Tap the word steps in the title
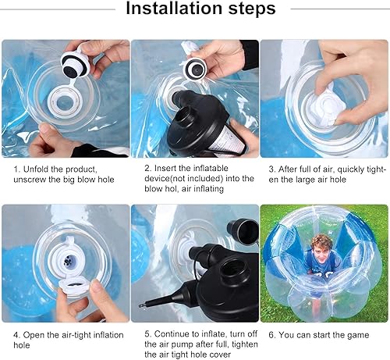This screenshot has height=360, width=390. pyautogui.click(x=246, y=9)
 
